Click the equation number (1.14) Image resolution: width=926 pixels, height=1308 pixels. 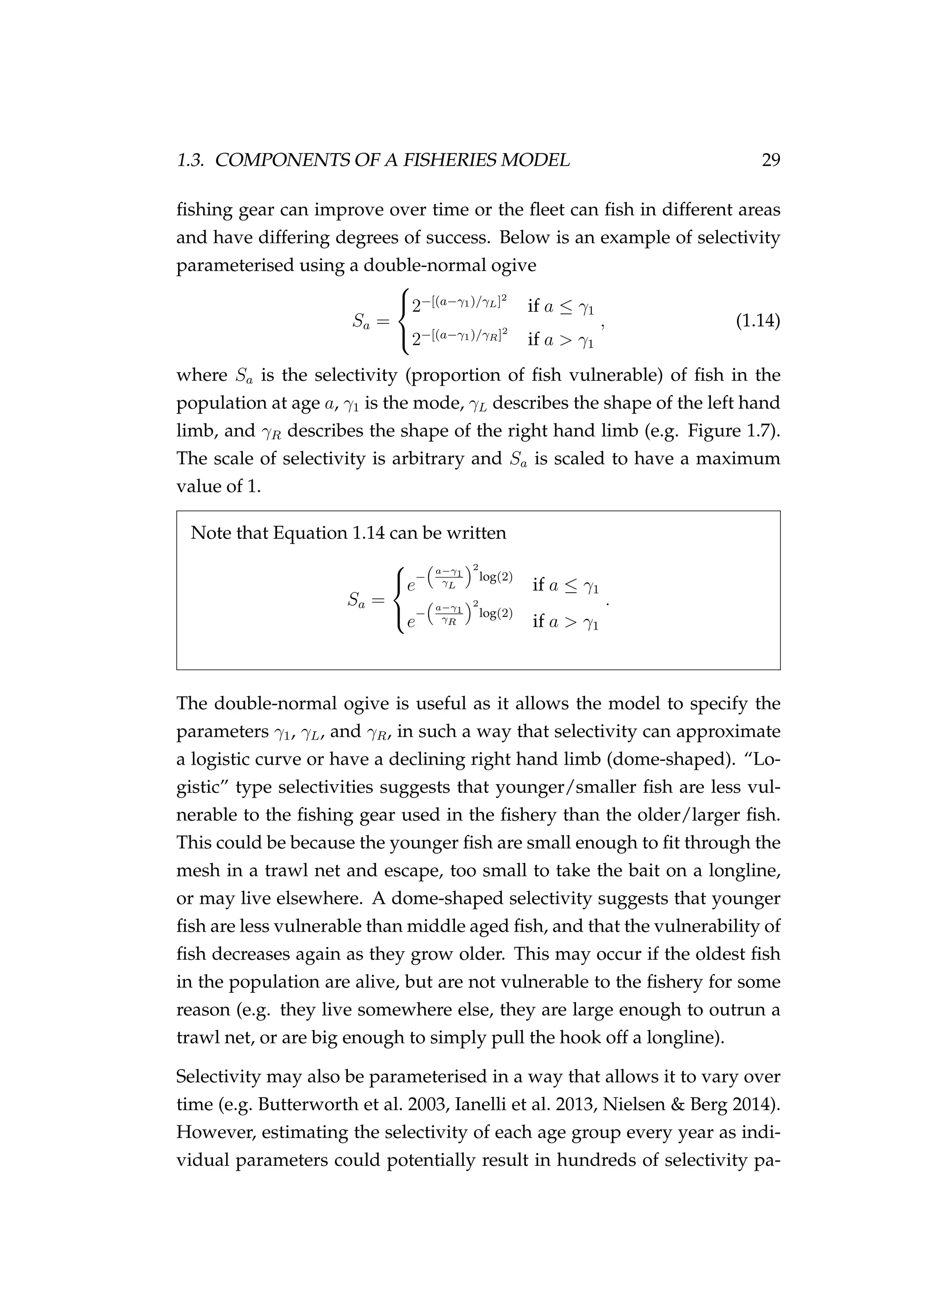[758, 321]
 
